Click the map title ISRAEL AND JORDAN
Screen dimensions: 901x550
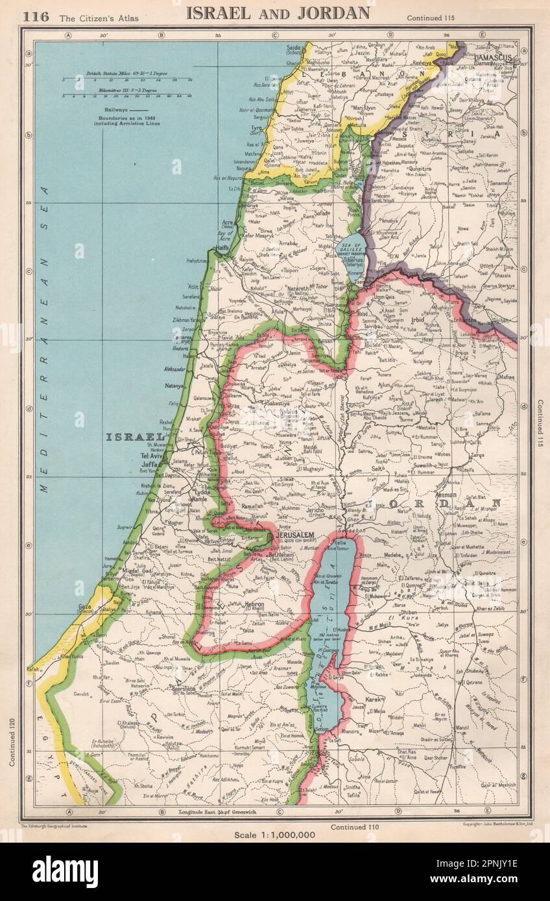click(278, 13)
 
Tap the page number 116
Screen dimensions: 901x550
click(36, 16)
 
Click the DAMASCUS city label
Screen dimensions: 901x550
click(494, 58)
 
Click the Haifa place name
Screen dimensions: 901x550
click(223, 248)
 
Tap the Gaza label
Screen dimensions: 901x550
click(86, 607)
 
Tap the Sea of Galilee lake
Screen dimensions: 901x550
click(350, 250)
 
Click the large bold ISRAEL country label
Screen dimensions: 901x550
click(134, 437)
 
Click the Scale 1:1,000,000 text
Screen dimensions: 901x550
click(275, 834)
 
